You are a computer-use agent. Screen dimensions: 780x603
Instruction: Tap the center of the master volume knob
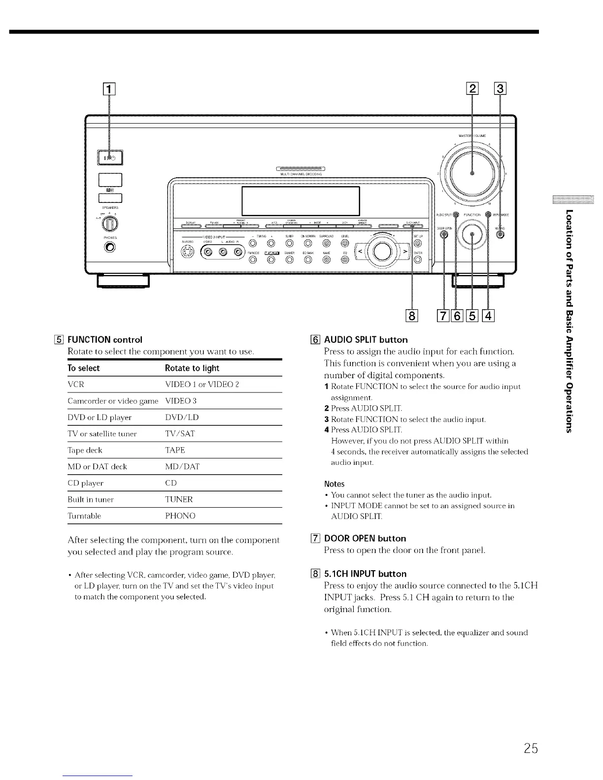coord(472,173)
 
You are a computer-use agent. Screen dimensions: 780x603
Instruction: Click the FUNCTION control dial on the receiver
coord(472,235)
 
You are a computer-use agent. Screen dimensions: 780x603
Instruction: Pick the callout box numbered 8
coord(411,316)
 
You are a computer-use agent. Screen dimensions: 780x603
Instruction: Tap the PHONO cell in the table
coord(180,516)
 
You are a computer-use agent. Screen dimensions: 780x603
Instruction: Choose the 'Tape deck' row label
coord(85,450)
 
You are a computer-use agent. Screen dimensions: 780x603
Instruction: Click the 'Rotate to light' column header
coord(192,368)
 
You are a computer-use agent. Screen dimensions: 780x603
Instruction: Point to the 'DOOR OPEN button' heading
coord(365,538)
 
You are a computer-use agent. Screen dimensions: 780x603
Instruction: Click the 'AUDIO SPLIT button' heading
coord(366,340)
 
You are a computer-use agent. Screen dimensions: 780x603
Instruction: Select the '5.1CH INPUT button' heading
coord(365,574)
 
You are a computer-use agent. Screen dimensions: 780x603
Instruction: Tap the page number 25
coord(531,749)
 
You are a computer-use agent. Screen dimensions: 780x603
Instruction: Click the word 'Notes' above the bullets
coord(335,484)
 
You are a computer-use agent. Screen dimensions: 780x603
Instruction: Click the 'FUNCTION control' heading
coord(104,340)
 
